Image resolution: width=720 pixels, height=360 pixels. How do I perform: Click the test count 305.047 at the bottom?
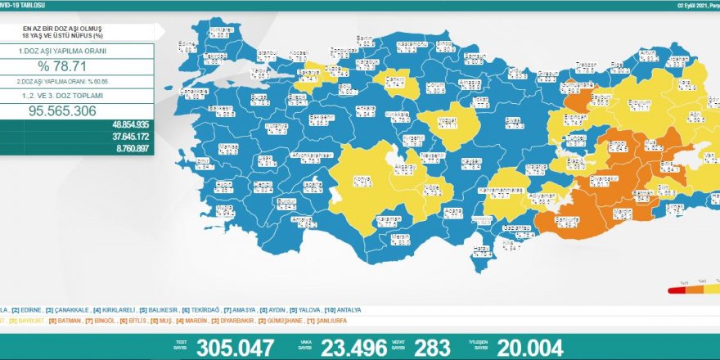pos(236,348)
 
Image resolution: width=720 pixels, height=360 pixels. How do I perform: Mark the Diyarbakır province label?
pos(602,181)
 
